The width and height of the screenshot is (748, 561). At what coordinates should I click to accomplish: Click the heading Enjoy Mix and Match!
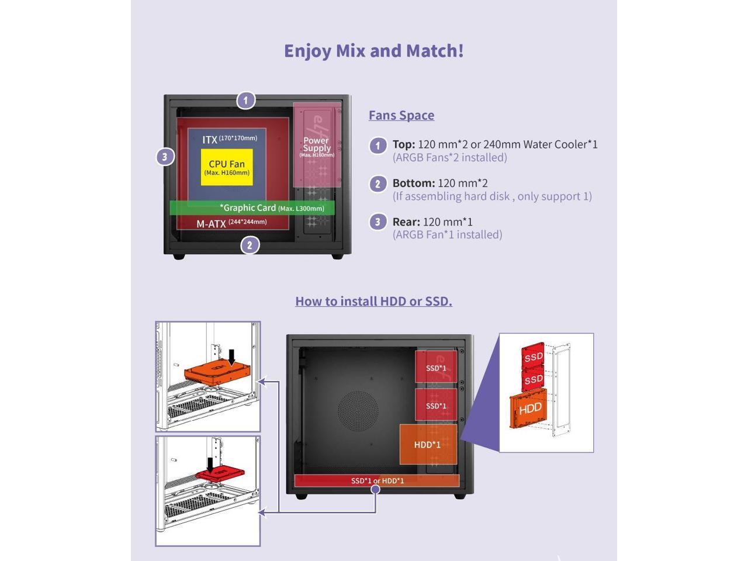pos(373,51)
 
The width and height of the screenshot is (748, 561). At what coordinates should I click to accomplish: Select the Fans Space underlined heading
pos(401,115)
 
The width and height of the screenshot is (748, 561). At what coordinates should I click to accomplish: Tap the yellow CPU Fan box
pos(227,167)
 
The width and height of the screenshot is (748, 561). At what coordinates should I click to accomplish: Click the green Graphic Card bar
pos(252,208)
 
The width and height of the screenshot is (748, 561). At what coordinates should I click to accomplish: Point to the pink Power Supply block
pos(317,145)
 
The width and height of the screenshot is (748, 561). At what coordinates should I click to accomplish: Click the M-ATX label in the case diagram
pos(211,224)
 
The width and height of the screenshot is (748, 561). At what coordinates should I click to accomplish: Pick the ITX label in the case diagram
pos(210,140)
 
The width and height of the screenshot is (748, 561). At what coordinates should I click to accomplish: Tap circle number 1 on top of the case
pos(246,101)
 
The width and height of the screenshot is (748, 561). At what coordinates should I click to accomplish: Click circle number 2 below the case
pos(250,245)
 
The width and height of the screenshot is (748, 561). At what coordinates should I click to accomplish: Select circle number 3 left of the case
pos(165,157)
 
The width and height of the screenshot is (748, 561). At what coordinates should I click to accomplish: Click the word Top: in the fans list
pos(404,144)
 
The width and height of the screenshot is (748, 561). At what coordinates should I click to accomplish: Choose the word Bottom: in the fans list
pos(414,183)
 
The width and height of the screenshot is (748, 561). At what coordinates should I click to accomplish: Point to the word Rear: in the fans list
pos(406,221)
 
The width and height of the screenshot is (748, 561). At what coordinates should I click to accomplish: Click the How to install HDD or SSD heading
pos(373,301)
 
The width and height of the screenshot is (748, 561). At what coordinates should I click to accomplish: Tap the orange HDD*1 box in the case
pos(428,445)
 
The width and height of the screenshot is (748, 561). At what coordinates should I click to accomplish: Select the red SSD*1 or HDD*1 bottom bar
pos(377,481)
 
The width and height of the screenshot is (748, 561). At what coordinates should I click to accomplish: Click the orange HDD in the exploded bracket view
pos(529,408)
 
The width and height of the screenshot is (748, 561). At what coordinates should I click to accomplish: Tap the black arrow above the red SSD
pos(210,465)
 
